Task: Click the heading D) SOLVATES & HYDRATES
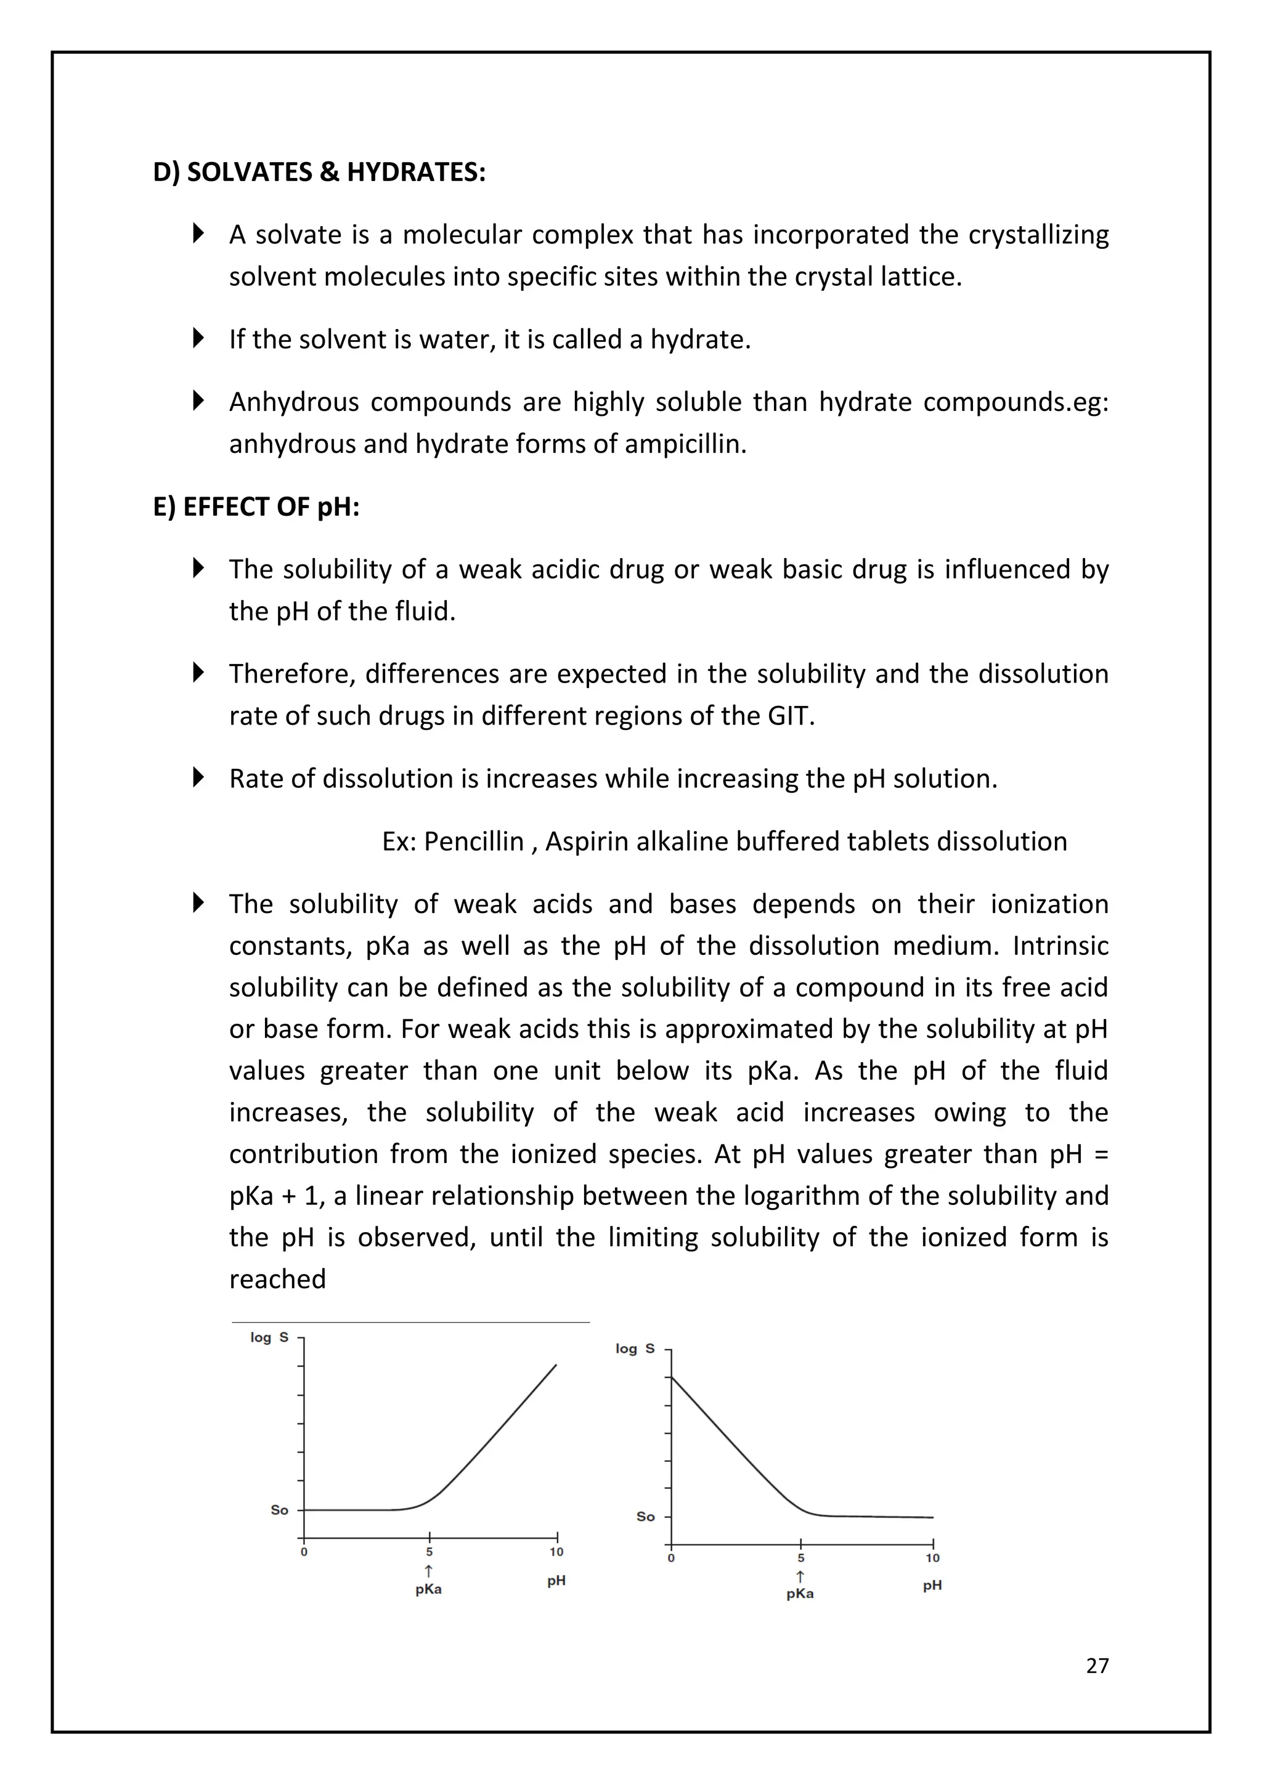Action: point(319,172)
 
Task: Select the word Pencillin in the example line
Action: point(473,841)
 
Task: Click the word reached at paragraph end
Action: point(277,1279)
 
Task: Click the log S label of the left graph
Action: point(269,1337)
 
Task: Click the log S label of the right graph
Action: point(634,1348)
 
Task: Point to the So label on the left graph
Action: point(279,1510)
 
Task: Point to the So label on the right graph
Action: point(645,1516)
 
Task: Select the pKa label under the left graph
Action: point(428,1589)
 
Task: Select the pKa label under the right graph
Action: point(800,1594)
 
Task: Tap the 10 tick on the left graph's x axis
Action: point(556,1552)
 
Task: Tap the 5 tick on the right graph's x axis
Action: point(800,1557)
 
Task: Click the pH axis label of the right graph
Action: point(932,1585)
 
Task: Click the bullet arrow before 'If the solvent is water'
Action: point(198,338)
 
